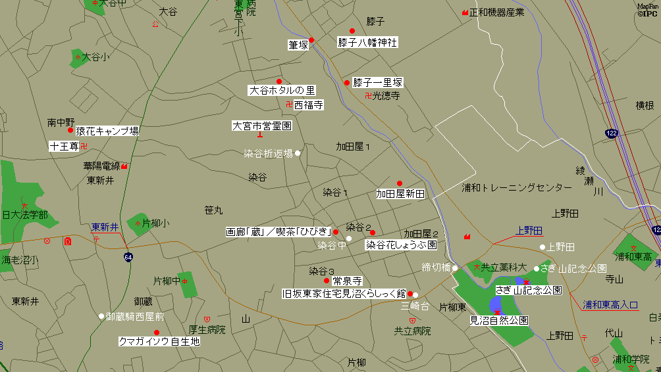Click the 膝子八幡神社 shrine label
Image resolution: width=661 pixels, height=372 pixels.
[x=367, y=42]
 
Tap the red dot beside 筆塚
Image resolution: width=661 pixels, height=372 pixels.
[x=312, y=40]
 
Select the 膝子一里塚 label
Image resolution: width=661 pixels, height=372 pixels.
[x=377, y=82]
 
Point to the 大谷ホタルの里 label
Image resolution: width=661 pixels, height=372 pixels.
[x=282, y=91]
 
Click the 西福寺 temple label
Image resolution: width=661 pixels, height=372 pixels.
[x=308, y=105]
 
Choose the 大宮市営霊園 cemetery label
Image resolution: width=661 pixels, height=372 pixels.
[x=262, y=125]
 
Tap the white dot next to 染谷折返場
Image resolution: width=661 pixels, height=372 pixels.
[x=298, y=153]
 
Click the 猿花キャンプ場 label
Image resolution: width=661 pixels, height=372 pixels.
[x=107, y=131]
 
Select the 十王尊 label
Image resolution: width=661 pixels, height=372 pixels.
[x=64, y=146]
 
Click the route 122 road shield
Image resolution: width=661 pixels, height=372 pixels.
[x=612, y=133]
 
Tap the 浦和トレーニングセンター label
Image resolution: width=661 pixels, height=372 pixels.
[x=516, y=188]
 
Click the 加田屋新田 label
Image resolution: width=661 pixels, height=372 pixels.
[x=400, y=194]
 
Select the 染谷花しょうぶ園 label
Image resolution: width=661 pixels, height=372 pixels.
[x=401, y=244]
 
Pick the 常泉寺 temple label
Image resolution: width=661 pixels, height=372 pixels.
[x=348, y=281]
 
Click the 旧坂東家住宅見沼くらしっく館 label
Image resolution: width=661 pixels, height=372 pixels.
[x=344, y=293]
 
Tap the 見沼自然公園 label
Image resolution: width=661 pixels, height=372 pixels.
[x=498, y=321]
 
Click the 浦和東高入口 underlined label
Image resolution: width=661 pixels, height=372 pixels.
[x=610, y=304]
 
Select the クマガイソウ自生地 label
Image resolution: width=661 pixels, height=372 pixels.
[x=158, y=342]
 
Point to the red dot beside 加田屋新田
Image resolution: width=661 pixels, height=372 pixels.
[x=399, y=183]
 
